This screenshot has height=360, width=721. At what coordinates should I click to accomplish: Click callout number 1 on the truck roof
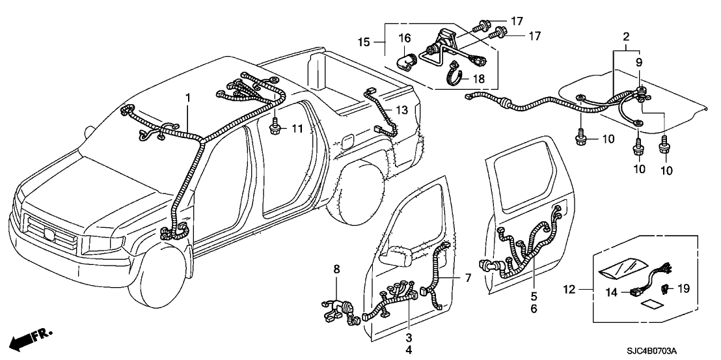pyautogui.click(x=188, y=98)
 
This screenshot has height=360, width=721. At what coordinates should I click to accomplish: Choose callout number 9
pyautogui.click(x=638, y=62)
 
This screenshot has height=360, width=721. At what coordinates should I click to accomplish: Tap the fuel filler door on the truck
pyautogui.click(x=347, y=141)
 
